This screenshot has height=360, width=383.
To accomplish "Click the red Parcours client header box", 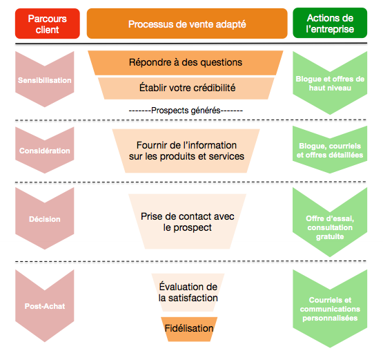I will pos(47,24).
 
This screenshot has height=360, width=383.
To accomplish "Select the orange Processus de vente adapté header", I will pos(187,24).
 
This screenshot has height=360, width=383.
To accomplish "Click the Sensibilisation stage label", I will pos(45,80).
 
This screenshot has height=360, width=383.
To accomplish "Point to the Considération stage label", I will pos(45,151).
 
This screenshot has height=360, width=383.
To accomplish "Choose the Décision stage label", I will pos(45,220).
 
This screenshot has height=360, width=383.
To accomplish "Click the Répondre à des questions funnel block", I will pos(186,62).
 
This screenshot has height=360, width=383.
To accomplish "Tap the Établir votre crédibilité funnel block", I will pos(186,88).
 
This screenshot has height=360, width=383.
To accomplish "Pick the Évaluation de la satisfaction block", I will pos(188,292).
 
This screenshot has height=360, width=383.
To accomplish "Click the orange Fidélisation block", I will pos(189,328).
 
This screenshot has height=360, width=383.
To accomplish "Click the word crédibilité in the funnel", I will pos(211,88).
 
